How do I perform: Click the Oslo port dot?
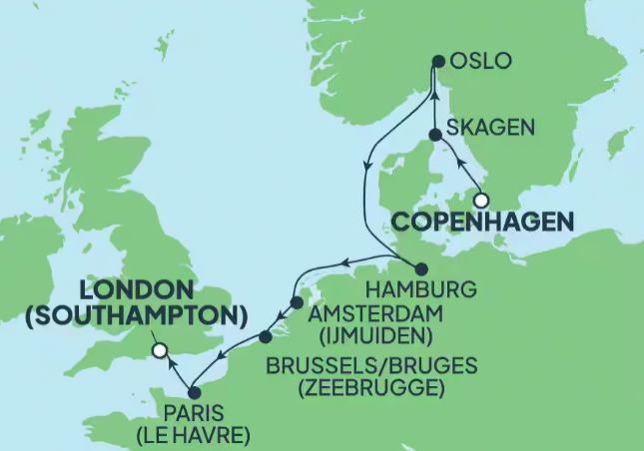[x=438, y=62]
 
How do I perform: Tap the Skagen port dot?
[x=434, y=134]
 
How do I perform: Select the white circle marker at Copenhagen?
[x=481, y=198]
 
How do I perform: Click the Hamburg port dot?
[x=419, y=268]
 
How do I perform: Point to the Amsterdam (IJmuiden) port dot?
[x=296, y=302]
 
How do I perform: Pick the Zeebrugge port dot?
[x=265, y=337]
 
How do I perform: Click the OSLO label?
[x=481, y=62]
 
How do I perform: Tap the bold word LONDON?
[x=135, y=290]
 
